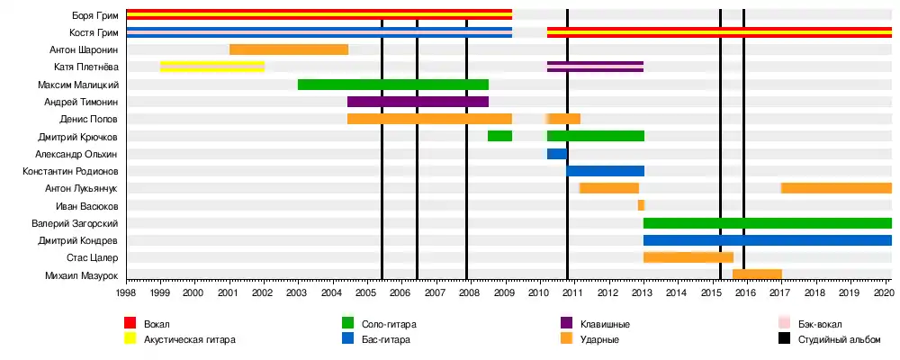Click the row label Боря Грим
coord(96,15)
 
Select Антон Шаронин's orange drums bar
coord(289,49)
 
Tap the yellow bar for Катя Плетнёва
coord(212,67)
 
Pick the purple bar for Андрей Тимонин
coord(418,102)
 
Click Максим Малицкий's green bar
coord(393,85)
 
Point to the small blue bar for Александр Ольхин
coord(556,154)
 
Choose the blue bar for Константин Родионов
coord(605,171)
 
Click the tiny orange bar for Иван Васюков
coord(641,205)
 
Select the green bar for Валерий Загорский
coord(767,223)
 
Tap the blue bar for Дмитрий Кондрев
coord(767,240)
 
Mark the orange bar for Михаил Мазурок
coord(757,274)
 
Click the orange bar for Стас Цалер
coord(688,257)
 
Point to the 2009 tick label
coord(505,292)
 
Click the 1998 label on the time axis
coord(126,292)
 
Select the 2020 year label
coord(884,292)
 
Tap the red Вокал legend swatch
coord(130,324)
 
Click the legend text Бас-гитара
coord(385,339)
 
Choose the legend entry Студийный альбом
coord(832,339)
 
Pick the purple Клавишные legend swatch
coord(567,324)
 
